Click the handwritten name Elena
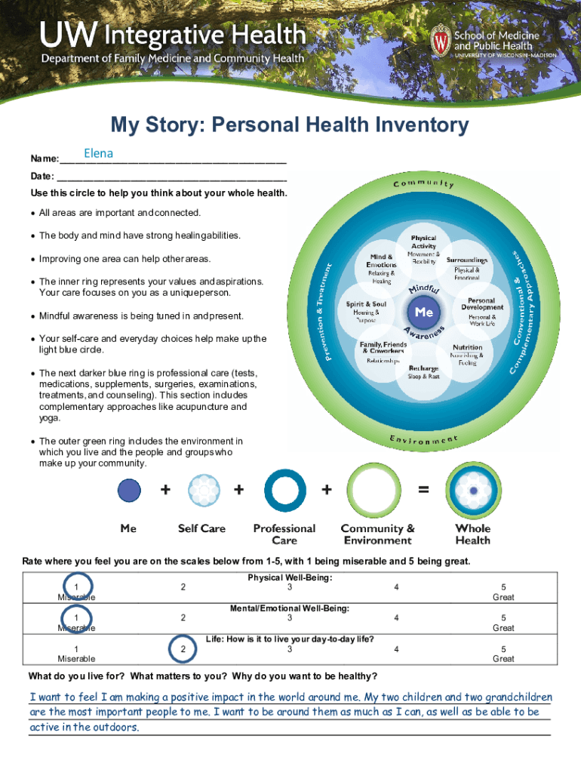[98, 154]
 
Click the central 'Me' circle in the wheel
[423, 311]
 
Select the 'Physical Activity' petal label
[423, 242]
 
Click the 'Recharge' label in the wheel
[423, 368]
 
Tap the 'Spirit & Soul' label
[366, 304]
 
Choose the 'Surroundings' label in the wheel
[467, 260]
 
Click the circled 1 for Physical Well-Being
[76, 587]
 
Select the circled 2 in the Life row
[182, 648]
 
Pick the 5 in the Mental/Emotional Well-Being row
[503, 617]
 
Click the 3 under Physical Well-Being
[290, 587]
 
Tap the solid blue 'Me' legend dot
[129, 491]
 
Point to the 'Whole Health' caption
[473, 534]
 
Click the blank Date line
[171, 177]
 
